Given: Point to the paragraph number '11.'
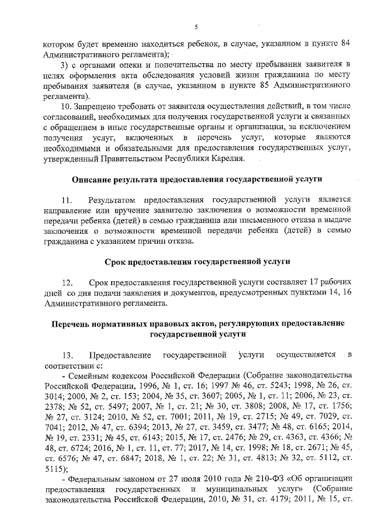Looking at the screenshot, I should point(69,199).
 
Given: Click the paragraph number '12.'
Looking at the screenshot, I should point(69,282).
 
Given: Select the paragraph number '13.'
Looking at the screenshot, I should point(69,354).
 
